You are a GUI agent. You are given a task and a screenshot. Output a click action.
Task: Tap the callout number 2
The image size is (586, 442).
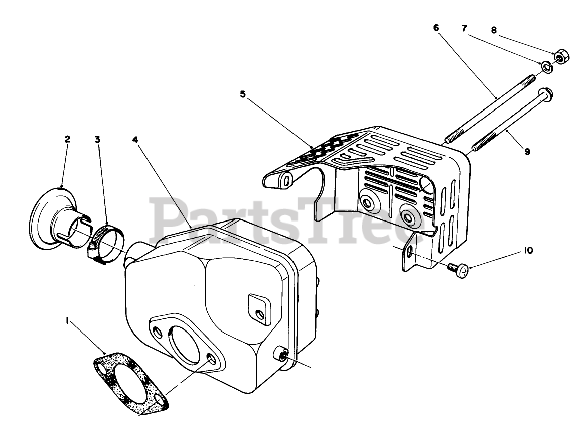[67, 139]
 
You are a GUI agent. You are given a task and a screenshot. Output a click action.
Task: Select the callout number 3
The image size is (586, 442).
[97, 139]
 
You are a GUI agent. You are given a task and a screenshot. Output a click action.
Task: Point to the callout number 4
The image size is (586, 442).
[135, 139]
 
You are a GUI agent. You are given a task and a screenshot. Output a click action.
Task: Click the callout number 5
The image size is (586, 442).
[243, 94]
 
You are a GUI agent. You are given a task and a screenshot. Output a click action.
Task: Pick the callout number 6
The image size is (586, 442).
[436, 28]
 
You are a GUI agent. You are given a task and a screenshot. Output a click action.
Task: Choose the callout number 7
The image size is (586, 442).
[464, 28]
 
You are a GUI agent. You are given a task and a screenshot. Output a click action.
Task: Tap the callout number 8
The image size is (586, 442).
[494, 30]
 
